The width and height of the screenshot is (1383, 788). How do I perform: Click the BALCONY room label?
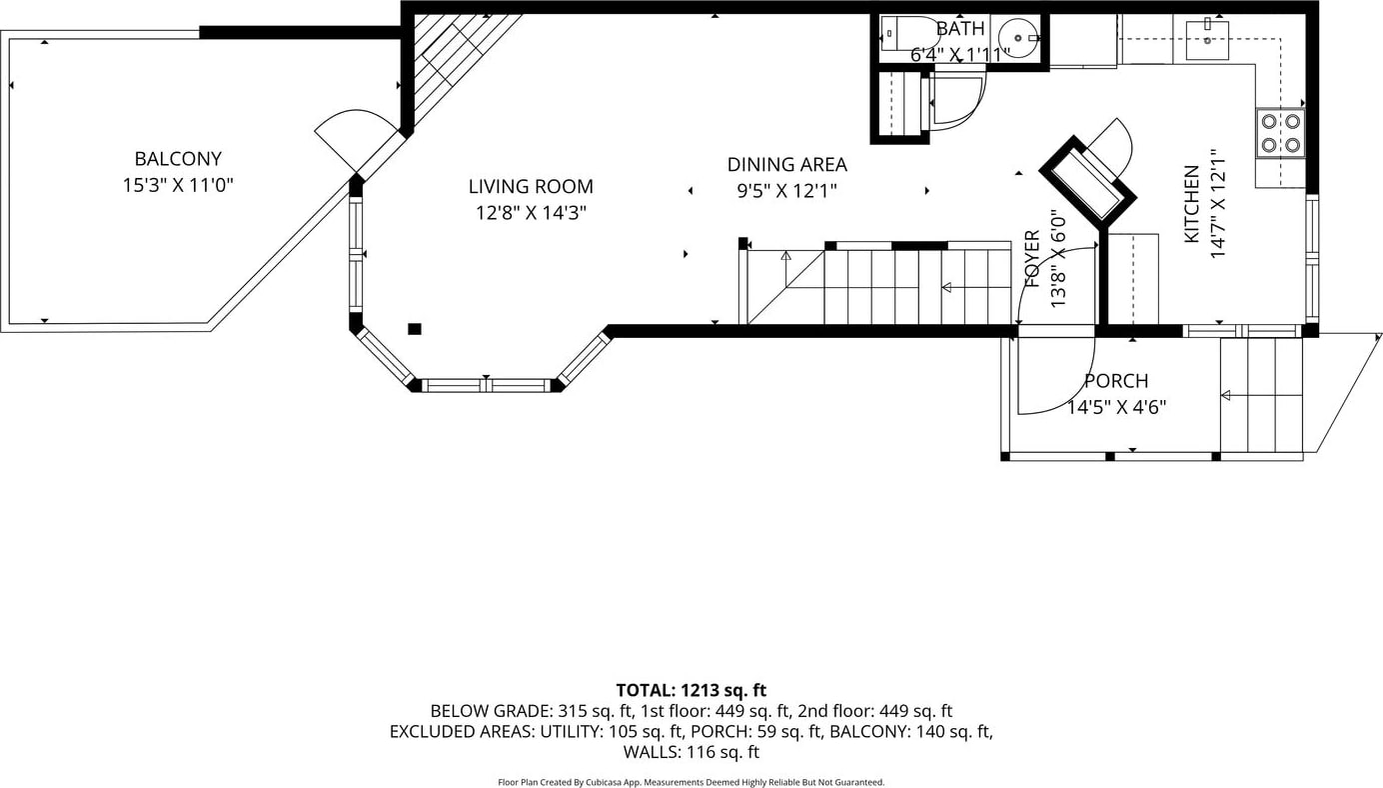pyautogui.click(x=178, y=159)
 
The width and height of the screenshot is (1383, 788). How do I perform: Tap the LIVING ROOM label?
pyautogui.click(x=531, y=186)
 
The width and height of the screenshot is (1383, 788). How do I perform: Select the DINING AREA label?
pyautogui.click(x=786, y=164)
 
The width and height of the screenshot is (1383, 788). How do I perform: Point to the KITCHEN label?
pyautogui.click(x=1191, y=204)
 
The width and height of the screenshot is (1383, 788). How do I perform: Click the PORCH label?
pyautogui.click(x=1116, y=381)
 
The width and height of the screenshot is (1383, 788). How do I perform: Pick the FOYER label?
pyautogui.click(x=1032, y=258)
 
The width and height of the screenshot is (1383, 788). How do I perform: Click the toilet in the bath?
pyautogui.click(x=908, y=34)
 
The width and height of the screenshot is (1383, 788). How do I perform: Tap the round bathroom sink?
pyautogui.click(x=1017, y=38)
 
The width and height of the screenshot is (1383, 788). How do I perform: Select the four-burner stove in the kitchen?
pyautogui.click(x=1280, y=133)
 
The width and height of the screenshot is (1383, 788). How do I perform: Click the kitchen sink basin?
pyautogui.click(x=1207, y=41)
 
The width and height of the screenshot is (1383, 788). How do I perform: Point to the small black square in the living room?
pyautogui.click(x=415, y=329)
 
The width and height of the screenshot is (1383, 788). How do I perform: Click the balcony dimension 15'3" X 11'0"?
pyautogui.click(x=178, y=185)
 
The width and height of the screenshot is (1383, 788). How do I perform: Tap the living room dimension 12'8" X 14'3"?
pyautogui.click(x=531, y=213)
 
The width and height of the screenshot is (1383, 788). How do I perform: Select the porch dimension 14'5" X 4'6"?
pyautogui.click(x=1116, y=407)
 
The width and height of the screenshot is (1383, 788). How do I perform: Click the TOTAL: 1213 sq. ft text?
pyautogui.click(x=691, y=690)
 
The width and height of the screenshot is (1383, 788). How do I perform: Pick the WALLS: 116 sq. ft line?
pyautogui.click(x=691, y=752)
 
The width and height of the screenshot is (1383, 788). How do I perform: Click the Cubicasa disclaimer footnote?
pyautogui.click(x=691, y=782)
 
